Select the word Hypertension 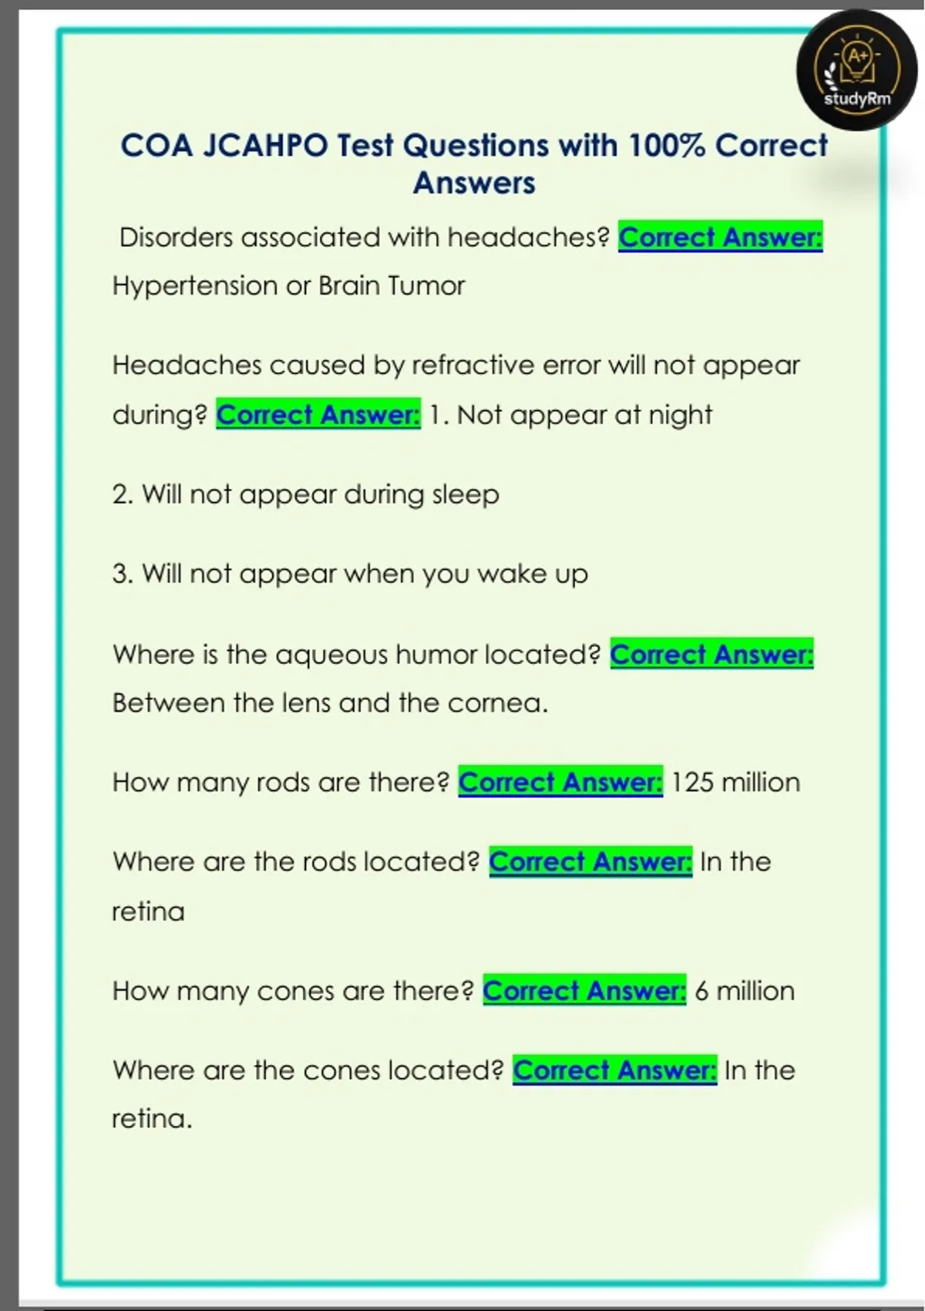pos(195,286)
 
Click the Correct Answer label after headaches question pos(720,238)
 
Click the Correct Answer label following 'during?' pos(318,415)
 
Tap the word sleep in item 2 pos(466,494)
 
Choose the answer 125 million pos(735,783)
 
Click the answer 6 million pos(744,991)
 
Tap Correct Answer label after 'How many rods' pos(560,783)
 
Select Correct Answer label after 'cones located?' pos(615,1070)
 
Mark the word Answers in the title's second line pos(474,184)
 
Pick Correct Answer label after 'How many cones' pos(584,991)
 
